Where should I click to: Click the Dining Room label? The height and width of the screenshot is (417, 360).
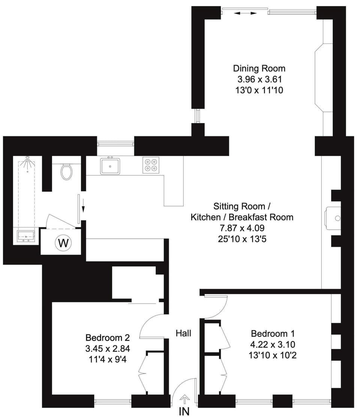click(259, 69)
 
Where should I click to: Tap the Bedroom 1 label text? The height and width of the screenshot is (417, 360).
click(273, 333)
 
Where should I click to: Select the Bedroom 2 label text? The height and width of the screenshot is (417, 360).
click(108, 337)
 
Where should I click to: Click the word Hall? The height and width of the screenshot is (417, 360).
click(184, 333)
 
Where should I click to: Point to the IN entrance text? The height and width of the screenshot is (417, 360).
click(184, 411)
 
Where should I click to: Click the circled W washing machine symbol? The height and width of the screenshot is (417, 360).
click(63, 243)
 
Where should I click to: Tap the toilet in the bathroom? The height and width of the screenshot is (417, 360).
click(66, 172)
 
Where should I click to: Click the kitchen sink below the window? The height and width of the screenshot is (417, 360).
click(110, 166)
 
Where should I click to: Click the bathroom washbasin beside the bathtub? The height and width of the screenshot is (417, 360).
click(26, 236)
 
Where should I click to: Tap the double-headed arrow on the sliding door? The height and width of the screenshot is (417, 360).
click(246, 13)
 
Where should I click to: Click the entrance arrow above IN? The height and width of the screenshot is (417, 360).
click(185, 398)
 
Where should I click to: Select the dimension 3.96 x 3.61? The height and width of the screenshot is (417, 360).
click(259, 80)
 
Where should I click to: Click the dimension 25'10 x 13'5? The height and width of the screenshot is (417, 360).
click(242, 238)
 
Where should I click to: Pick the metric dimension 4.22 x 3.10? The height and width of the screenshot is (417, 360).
click(273, 344)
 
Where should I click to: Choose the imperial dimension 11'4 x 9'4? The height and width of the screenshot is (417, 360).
click(108, 358)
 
